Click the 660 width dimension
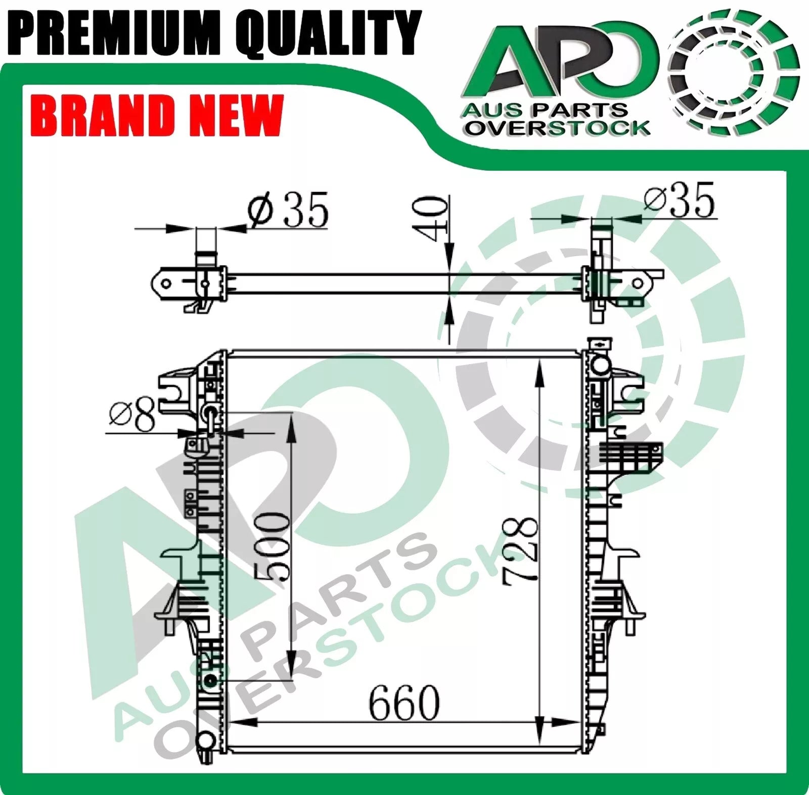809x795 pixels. point(404,703)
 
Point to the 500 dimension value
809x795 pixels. point(273,545)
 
